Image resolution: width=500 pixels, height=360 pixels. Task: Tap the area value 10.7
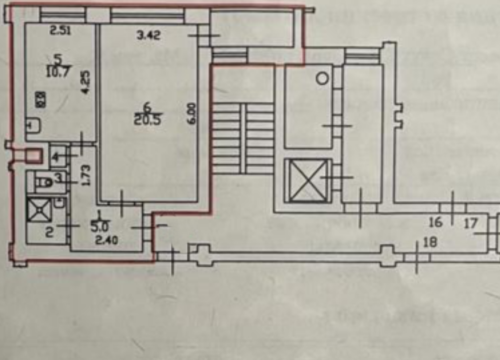coord(58,72)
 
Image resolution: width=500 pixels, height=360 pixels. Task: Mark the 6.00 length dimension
coord(192,114)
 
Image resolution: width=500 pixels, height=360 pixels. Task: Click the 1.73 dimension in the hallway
coord(87,175)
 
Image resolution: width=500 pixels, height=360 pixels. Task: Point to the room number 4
coord(55,157)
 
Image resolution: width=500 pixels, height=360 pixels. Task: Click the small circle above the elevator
coord(322,79)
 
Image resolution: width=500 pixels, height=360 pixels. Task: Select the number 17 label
coord(471,223)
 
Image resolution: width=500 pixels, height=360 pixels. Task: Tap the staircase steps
coord(243,138)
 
